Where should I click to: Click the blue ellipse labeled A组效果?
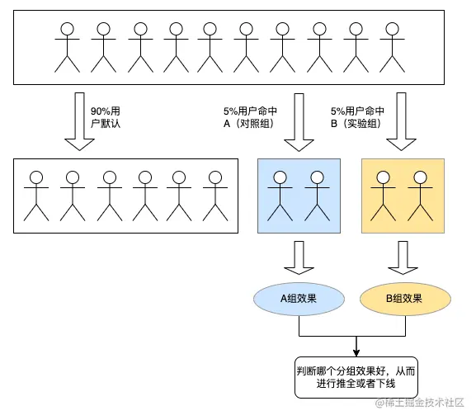pyautogui.click(x=299, y=299)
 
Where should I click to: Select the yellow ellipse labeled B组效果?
pyautogui.click(x=404, y=299)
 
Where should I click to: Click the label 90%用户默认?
pyautogui.click(x=111, y=117)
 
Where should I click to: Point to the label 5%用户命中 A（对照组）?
pyautogui.click(x=251, y=117)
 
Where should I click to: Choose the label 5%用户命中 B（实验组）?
pyautogui.click(x=359, y=117)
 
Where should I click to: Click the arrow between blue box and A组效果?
pyautogui.click(x=298, y=257)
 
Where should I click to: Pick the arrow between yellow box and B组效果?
pyautogui.click(x=403, y=257)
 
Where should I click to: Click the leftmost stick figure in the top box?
pyautogui.click(x=67, y=48)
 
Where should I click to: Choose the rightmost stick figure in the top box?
pyautogui.click(x=391, y=48)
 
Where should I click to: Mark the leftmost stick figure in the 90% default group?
pyautogui.click(x=36, y=196)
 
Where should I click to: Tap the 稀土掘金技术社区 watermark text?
pyautogui.click(x=421, y=403)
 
